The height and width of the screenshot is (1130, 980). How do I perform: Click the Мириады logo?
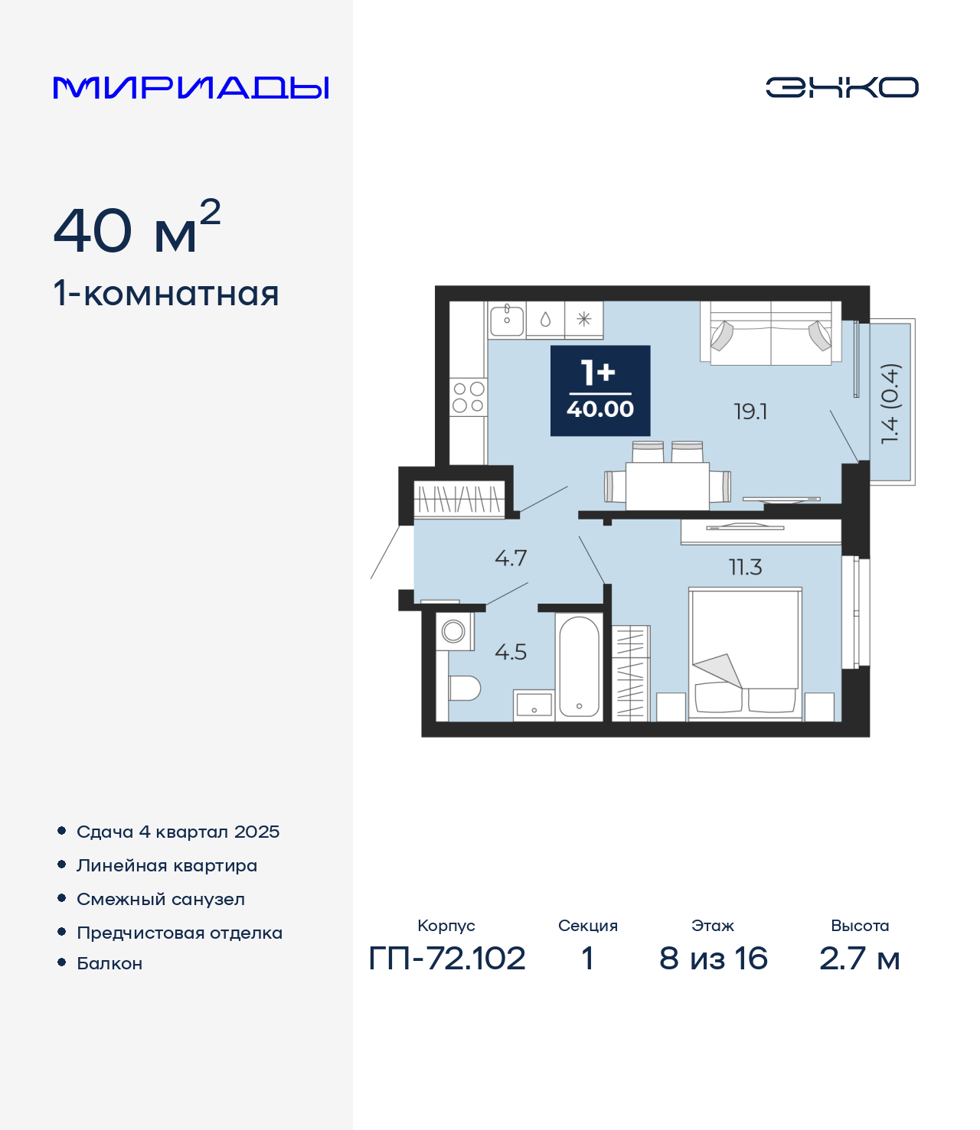(x=191, y=87)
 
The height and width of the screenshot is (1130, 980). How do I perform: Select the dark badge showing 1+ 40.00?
(x=600, y=390)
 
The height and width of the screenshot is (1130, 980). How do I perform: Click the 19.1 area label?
(x=750, y=412)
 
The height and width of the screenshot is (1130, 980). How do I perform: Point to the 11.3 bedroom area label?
(x=745, y=567)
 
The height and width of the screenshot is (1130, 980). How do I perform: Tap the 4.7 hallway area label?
(x=511, y=558)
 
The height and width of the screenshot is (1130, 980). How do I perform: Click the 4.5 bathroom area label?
(x=511, y=652)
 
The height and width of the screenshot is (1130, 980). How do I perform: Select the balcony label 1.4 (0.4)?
(x=890, y=403)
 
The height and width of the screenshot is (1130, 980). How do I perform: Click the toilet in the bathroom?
(x=464, y=689)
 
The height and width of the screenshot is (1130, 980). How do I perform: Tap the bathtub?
(x=579, y=666)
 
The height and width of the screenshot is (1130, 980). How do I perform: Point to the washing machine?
(x=455, y=631)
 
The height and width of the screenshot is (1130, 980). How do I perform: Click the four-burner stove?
(x=469, y=397)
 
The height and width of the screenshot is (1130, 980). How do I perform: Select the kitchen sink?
(x=507, y=321)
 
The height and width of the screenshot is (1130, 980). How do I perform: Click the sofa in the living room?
(x=770, y=334)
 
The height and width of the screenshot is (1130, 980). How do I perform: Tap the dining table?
(x=667, y=486)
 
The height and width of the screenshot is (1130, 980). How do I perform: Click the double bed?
(x=745, y=654)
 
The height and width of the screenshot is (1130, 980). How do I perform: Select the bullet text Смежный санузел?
(x=161, y=899)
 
